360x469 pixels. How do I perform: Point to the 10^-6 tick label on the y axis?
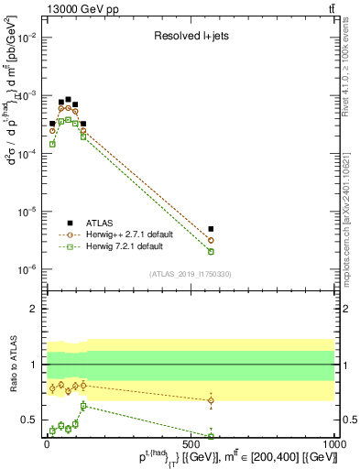[x=27, y=269]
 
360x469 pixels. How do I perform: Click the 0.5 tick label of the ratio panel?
[x=29, y=420]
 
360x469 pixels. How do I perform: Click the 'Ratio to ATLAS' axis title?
[x=11, y=365]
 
